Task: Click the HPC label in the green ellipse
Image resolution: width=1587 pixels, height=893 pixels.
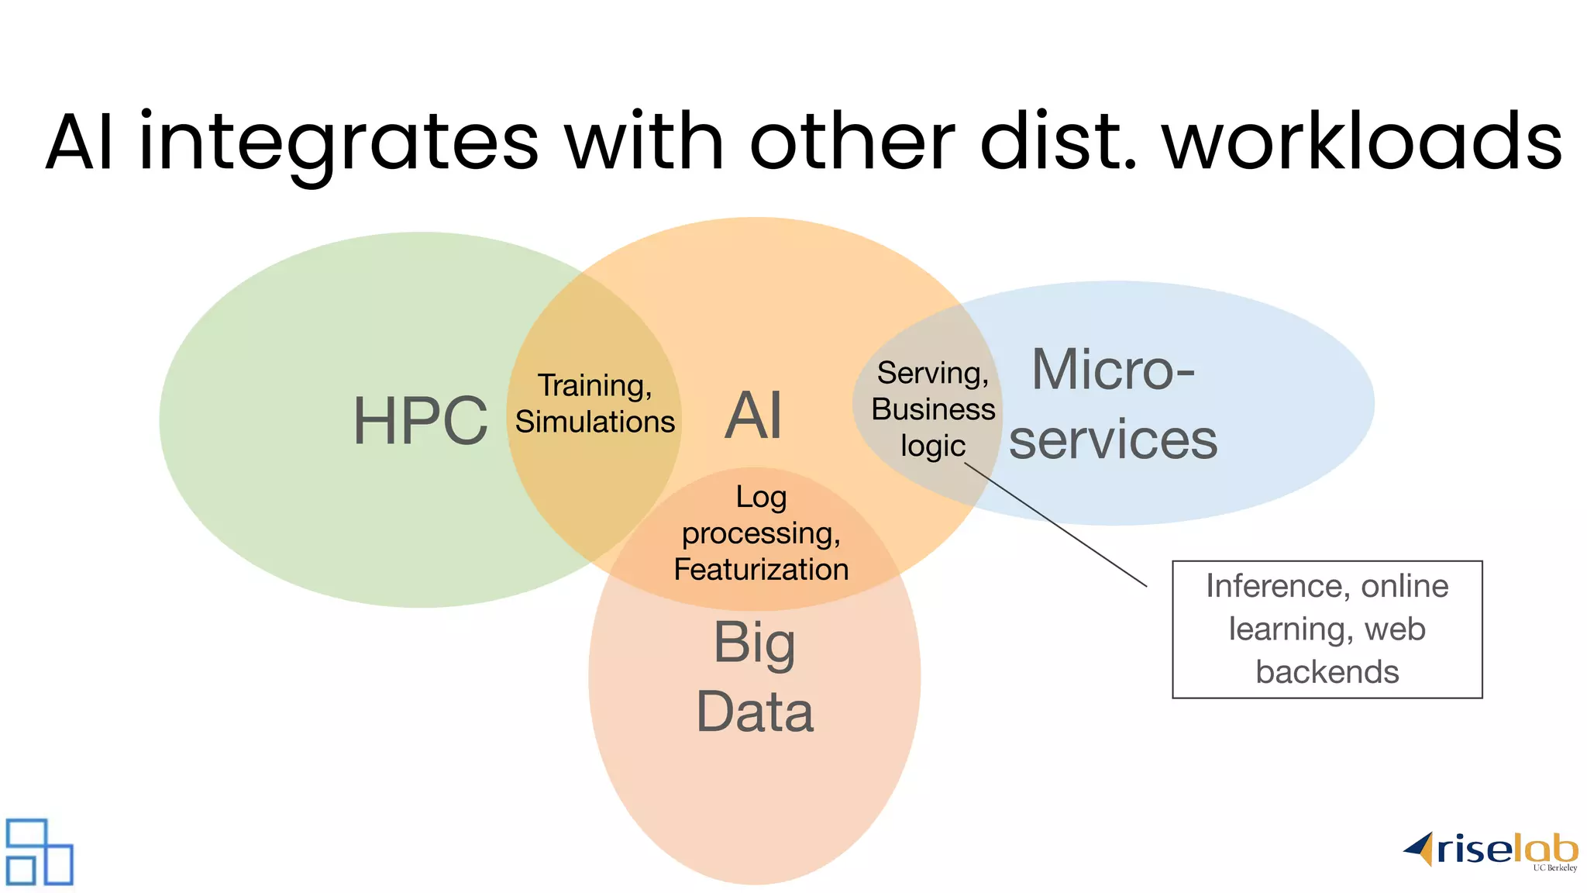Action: [x=420, y=421]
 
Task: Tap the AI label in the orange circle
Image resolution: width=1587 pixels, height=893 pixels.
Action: [x=753, y=415]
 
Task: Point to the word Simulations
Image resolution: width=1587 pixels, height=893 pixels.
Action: [x=594, y=422]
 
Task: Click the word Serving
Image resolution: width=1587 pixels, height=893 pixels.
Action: [x=932, y=373]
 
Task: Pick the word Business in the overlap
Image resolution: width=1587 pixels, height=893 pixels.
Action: [x=933, y=409]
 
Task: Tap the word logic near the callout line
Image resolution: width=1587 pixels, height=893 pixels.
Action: [x=932, y=446]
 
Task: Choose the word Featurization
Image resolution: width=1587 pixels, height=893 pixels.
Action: [x=761, y=570]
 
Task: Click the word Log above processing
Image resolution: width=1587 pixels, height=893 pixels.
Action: [x=761, y=497]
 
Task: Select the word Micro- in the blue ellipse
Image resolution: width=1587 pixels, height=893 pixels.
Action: [x=1113, y=370]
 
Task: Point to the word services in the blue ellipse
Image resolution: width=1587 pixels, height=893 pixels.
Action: [x=1113, y=440]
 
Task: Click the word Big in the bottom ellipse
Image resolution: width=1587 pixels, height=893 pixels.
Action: [x=754, y=643]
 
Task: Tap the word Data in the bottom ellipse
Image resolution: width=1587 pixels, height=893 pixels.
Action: [x=755, y=712]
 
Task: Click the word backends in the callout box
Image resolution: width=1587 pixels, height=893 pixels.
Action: [x=1327, y=672]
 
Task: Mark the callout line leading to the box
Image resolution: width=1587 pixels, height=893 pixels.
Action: [x=1056, y=526]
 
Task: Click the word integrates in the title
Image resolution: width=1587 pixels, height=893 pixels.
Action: [x=338, y=143]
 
